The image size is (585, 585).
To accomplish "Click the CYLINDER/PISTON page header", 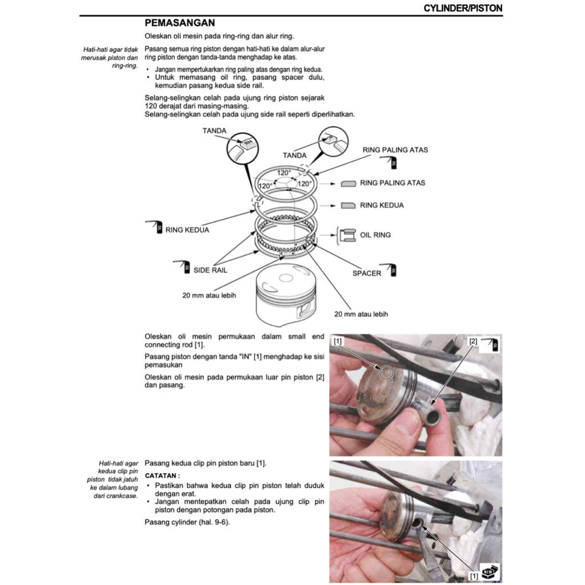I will tap(463, 8).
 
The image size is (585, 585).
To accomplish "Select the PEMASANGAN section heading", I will tap(179, 23).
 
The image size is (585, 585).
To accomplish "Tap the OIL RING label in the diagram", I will tap(375, 235).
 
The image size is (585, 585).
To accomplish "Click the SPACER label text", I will tap(366, 273).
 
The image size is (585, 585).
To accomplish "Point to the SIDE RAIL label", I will tap(210, 270).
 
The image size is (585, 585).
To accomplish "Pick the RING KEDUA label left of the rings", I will tap(187, 230).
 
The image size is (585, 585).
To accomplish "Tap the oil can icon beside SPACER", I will tap(392, 270).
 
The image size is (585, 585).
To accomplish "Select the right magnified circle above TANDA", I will tap(333, 141).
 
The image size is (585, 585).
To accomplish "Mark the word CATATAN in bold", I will tap(162, 475).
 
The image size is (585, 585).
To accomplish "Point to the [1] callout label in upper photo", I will tap(338, 341).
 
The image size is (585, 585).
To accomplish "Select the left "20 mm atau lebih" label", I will tap(209, 295).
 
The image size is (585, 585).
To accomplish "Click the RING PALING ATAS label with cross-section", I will tap(392, 183).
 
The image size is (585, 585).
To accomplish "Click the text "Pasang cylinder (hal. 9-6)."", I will tap(187, 523).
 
